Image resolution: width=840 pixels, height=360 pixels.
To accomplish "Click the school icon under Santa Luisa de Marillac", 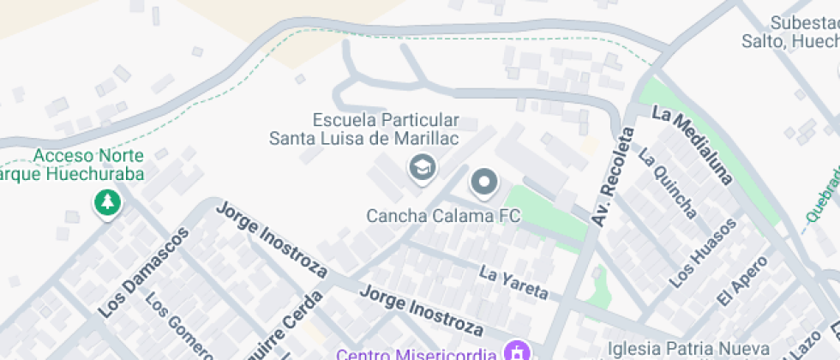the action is (x=422, y=167).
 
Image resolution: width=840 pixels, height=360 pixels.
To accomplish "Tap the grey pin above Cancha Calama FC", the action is (x=484, y=183).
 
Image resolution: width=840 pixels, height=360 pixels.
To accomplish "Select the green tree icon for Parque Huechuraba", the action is (x=107, y=203).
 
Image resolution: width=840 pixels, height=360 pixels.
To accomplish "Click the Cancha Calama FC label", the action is (x=443, y=215).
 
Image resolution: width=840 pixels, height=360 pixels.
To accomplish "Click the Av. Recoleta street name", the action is (x=613, y=177).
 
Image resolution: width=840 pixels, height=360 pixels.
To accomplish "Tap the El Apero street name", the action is (x=736, y=281).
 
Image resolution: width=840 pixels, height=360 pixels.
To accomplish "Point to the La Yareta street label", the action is (x=513, y=283).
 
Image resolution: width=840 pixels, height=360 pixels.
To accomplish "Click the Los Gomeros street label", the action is (x=177, y=326).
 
